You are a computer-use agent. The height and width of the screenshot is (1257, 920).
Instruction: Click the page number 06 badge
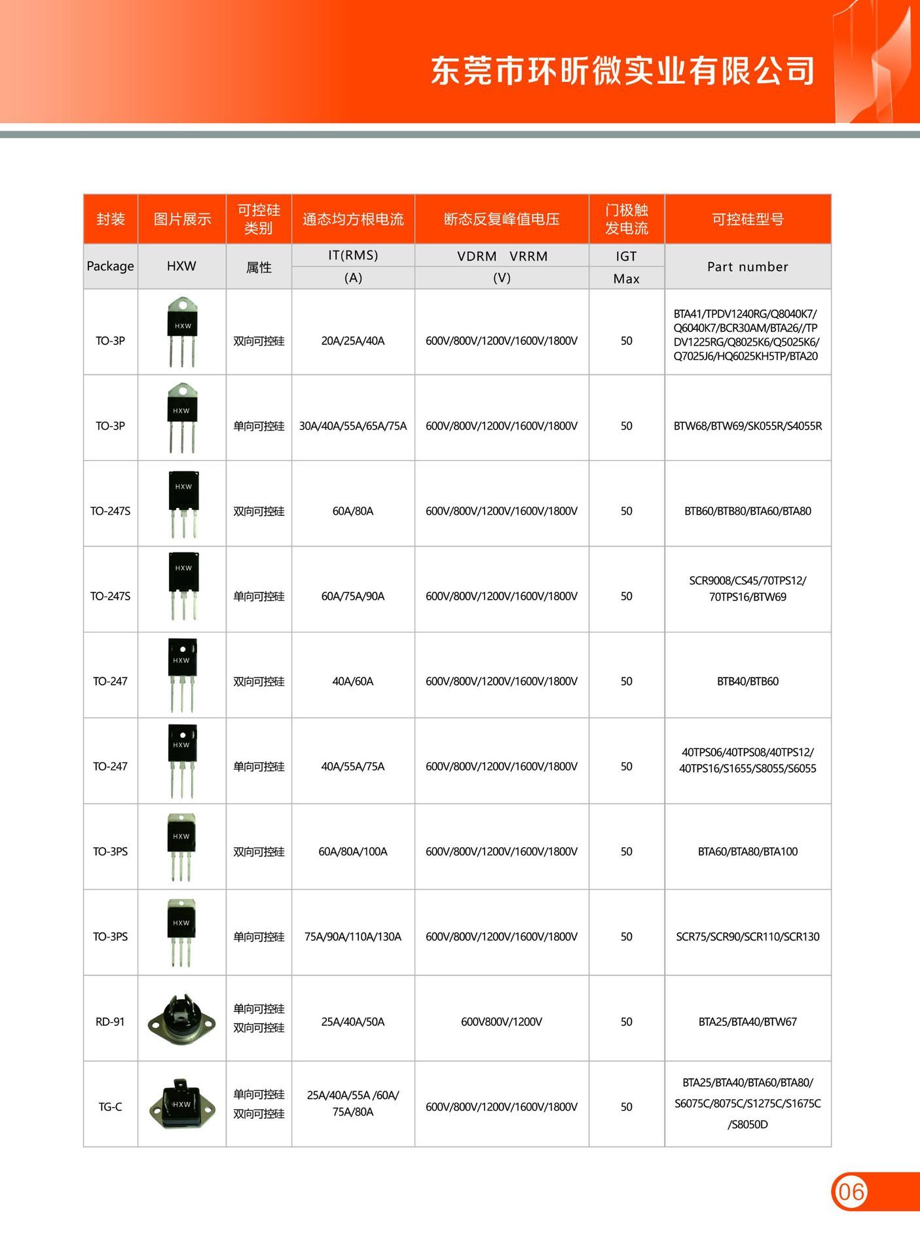851,1192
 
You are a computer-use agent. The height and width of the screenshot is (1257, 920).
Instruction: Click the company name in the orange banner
623,71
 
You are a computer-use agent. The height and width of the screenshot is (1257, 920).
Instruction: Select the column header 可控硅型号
748,219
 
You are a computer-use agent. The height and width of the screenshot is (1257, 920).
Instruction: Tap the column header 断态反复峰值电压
502,219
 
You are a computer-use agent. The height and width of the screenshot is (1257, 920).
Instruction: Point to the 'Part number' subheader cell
748,266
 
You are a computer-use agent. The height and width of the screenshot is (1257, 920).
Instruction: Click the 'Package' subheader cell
110,266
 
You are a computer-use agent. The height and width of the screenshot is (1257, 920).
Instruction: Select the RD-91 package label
110,1022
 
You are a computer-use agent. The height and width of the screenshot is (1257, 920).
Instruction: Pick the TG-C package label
110,1107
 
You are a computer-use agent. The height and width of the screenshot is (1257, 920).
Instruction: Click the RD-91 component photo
182,1020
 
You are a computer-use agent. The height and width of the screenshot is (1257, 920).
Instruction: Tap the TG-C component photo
182,1105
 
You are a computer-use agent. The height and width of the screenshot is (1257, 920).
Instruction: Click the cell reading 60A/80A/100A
353,852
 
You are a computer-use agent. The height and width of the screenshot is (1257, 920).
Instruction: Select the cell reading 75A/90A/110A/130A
353,937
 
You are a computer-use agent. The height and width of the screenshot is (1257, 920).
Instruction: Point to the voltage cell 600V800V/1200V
502,1022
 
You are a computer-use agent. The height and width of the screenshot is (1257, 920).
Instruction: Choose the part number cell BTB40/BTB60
748,682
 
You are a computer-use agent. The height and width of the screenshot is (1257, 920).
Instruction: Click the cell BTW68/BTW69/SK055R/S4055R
748,426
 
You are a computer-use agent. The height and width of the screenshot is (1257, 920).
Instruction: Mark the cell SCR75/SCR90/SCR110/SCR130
748,937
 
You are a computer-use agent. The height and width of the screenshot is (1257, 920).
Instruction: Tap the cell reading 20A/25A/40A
353,341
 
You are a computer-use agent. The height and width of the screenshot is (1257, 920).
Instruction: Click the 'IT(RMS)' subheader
353,255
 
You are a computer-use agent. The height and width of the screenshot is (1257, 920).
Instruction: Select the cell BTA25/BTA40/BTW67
748,1022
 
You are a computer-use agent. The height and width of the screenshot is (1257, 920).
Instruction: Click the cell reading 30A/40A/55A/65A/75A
353,426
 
